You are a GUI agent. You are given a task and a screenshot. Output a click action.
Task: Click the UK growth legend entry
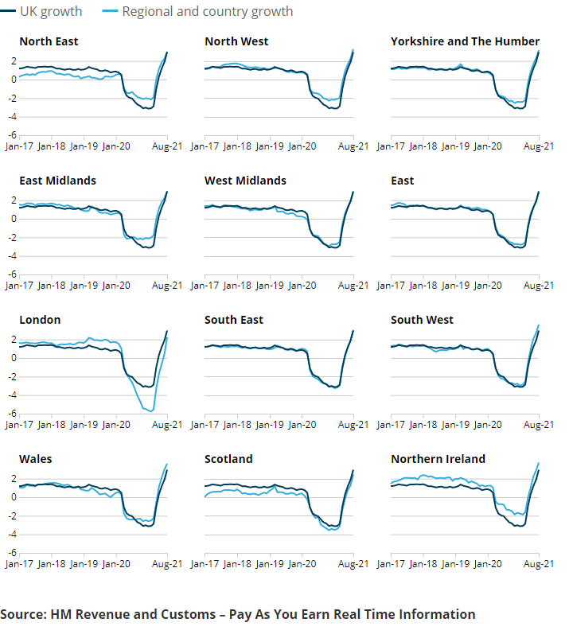(41, 11)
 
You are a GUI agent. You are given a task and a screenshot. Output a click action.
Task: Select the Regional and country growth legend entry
(198, 11)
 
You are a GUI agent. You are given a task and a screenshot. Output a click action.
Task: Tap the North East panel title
(49, 41)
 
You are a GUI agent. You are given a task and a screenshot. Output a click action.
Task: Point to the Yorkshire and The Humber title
(466, 41)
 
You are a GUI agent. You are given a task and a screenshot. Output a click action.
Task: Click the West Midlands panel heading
(245, 181)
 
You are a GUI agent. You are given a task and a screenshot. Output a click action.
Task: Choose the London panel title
(40, 320)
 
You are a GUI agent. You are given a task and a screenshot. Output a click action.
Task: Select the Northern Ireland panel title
(438, 459)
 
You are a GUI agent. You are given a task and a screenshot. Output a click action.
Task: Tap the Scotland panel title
(228, 459)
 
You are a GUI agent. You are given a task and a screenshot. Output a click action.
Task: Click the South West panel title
(422, 320)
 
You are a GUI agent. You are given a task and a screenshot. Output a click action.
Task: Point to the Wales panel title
(36, 459)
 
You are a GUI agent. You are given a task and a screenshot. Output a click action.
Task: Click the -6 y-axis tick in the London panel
(12, 414)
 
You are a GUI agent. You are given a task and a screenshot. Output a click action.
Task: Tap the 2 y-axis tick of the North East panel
(14, 61)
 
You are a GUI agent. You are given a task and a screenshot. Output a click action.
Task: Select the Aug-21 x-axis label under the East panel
(539, 286)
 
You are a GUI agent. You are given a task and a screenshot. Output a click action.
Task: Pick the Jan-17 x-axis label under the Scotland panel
(205, 564)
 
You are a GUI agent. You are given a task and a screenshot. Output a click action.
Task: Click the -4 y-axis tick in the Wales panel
(12, 535)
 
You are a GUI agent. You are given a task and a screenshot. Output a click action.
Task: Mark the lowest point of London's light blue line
(152, 411)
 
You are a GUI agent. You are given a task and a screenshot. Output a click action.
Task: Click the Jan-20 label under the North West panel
(302, 146)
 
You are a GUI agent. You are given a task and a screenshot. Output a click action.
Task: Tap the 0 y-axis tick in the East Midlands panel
(14, 219)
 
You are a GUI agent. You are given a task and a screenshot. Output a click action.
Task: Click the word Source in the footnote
(23, 614)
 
